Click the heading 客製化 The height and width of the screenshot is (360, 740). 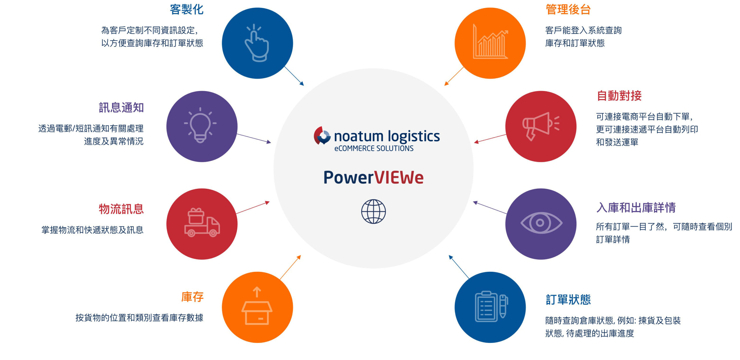[x=186, y=10]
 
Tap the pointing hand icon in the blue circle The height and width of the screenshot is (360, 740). [x=257, y=43]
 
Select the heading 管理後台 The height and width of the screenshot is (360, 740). [x=568, y=10]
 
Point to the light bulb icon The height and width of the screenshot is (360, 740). [x=200, y=126]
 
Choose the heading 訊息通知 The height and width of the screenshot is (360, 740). [x=121, y=108]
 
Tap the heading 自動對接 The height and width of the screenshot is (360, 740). [x=619, y=96]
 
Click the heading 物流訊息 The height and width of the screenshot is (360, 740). [x=121, y=209]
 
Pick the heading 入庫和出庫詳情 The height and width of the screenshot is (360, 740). [x=636, y=208]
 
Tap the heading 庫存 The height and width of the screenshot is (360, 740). [x=192, y=297]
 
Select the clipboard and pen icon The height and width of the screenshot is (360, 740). [x=491, y=307]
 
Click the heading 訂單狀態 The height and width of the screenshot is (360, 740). [x=568, y=300]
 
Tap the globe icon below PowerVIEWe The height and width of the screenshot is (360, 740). [x=373, y=211]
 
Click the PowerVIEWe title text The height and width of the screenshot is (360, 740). [x=373, y=177]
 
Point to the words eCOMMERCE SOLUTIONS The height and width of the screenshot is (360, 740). [x=374, y=149]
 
